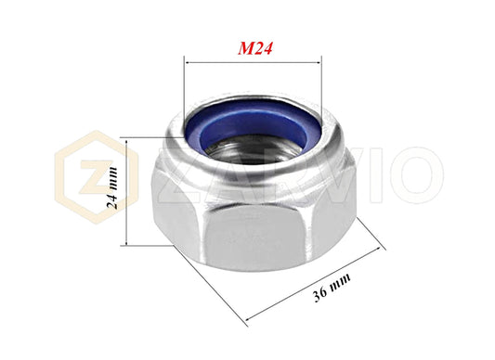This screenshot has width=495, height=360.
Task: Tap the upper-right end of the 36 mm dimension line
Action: (x=381, y=248)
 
